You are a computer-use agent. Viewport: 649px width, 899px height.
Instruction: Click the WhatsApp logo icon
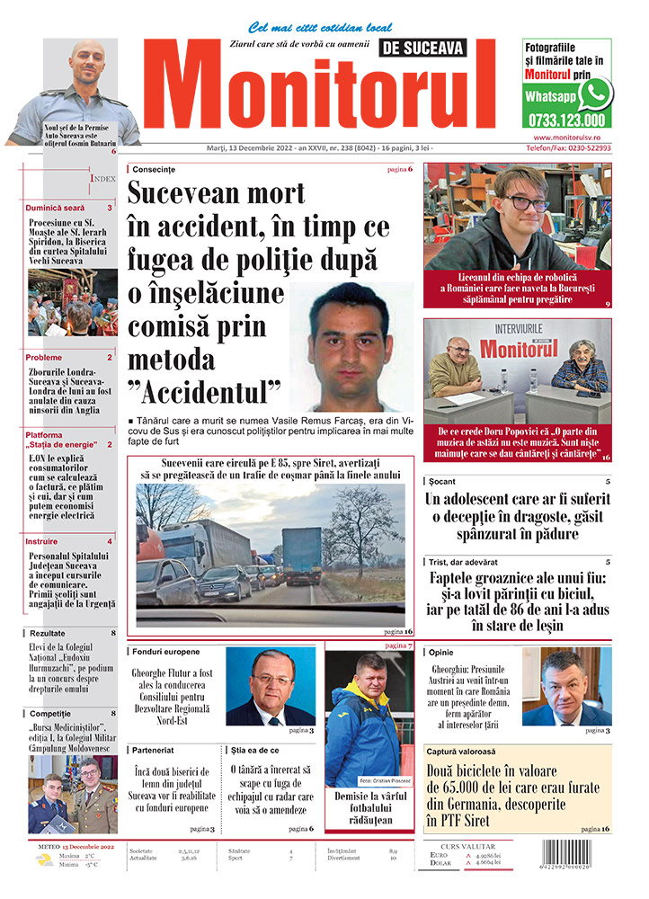tap(594, 93)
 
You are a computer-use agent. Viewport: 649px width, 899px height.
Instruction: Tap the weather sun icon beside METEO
tap(44, 860)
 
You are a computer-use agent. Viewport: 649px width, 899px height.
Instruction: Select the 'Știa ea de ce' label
tap(254, 749)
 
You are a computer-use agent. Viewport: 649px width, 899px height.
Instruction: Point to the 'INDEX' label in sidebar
tap(102, 179)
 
